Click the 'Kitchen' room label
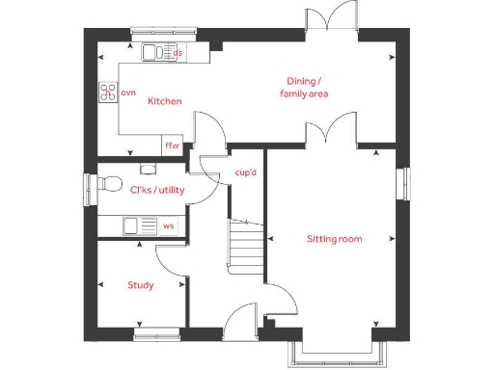pyautogui.click(x=165, y=100)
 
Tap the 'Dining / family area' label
pyautogui.click(x=305, y=87)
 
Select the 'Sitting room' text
pyautogui.click(x=335, y=238)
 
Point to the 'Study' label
pyautogui.click(x=142, y=285)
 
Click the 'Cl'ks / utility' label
pyautogui.click(x=156, y=191)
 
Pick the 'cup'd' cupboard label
pyautogui.click(x=246, y=172)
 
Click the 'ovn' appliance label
pyautogui.click(x=128, y=92)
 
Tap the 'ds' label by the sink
pyautogui.click(x=178, y=52)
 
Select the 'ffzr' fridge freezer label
pyautogui.click(x=173, y=145)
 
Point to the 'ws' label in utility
pyautogui.click(x=169, y=226)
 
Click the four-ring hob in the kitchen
pyautogui.click(x=107, y=92)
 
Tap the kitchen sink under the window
pyautogui.click(x=155, y=52)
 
